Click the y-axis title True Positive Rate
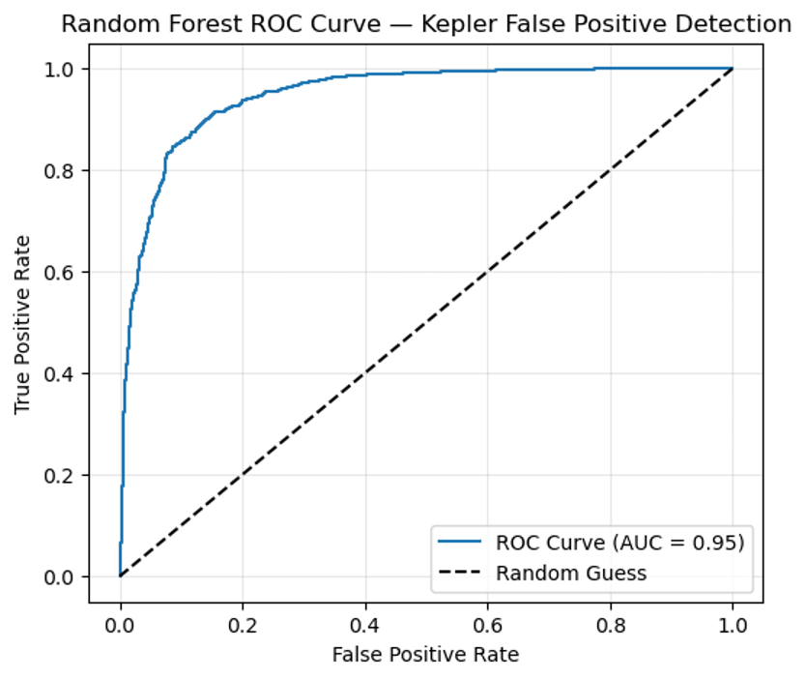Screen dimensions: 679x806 coord(22,322)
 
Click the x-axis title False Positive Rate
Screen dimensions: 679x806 coord(425,655)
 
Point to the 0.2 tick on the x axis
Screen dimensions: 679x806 coord(243,625)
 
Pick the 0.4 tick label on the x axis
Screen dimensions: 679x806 coord(365,625)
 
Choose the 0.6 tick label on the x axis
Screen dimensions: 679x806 coord(487,625)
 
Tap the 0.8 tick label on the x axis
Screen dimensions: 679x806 coord(610,625)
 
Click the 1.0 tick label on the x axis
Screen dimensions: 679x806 coord(733,625)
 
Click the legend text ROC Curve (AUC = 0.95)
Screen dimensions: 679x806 coord(620,543)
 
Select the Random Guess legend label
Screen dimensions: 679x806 coord(571,573)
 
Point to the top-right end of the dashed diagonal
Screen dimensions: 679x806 coord(733,69)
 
